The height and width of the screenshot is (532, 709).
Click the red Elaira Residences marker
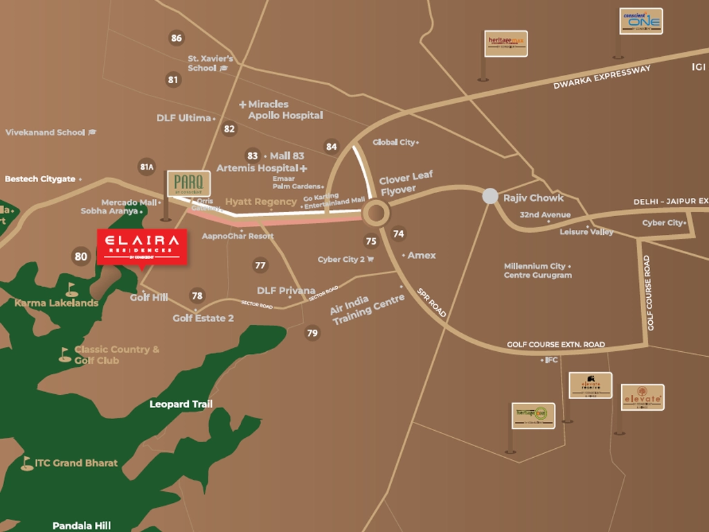142,247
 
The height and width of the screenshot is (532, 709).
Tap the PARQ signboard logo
188,184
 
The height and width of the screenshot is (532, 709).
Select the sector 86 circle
177,38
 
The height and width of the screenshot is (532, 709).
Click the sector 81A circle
146,167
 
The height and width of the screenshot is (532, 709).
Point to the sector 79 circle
312,333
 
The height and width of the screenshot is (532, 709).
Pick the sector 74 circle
398,234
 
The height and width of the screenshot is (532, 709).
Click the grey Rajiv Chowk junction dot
490,197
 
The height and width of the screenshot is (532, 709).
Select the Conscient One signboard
640,21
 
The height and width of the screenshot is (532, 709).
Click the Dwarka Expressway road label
602,78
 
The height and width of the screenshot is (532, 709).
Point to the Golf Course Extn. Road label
555,344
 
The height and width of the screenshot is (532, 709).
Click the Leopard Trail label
181,404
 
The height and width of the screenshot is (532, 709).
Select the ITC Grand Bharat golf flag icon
27,463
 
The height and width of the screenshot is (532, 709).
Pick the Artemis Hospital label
257,168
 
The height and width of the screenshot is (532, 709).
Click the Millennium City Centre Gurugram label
537,271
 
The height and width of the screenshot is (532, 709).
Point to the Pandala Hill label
82,526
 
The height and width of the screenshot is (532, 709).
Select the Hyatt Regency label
260,202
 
